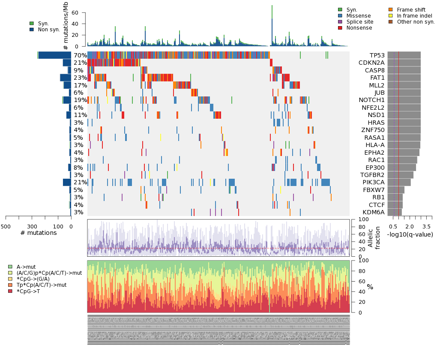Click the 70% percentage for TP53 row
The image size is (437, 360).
tap(80, 55)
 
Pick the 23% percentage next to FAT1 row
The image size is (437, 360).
tap(80, 78)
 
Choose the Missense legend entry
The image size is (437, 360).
tap(358, 16)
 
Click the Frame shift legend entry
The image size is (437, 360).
tap(411, 10)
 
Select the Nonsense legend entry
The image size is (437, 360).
tap(360, 28)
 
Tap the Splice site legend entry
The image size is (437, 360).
tap(359, 22)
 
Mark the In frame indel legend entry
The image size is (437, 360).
tap(414, 16)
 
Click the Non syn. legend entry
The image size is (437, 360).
tap(49, 30)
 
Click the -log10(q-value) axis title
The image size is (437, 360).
tap(410, 234)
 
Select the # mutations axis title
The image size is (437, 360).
tap(39, 233)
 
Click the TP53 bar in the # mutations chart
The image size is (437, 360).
tap(55, 55)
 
